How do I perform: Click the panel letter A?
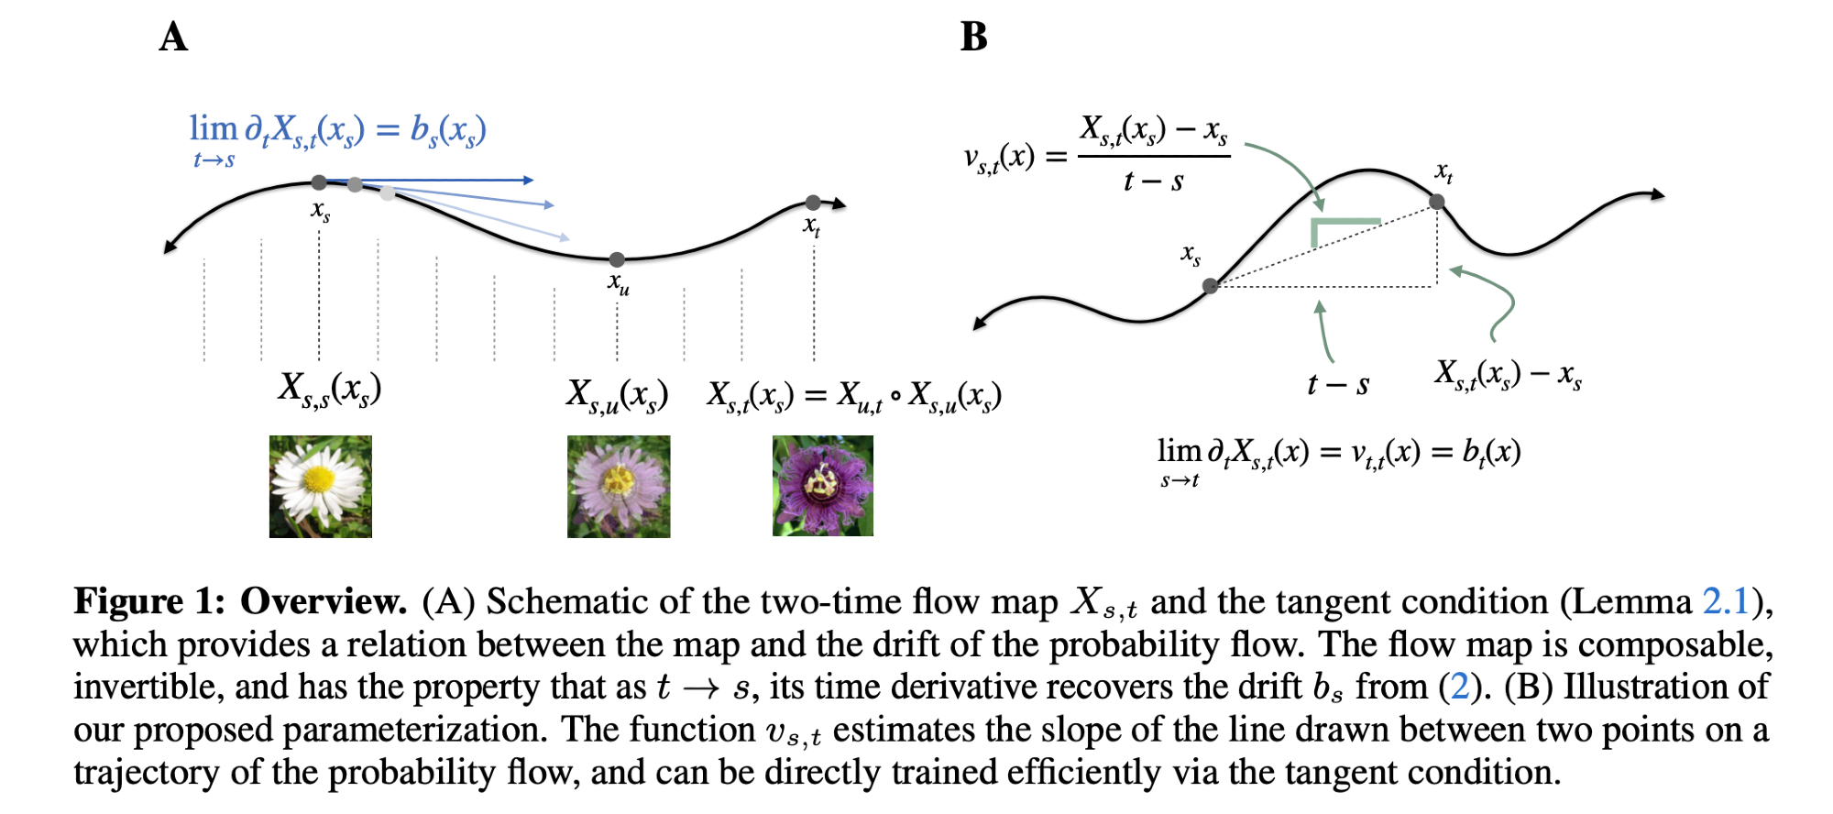[x=173, y=38]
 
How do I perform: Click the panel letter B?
[x=973, y=38]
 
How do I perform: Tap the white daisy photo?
[x=321, y=486]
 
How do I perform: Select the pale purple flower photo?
[x=619, y=486]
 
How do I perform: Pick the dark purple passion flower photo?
[x=823, y=486]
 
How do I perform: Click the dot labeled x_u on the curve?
[x=617, y=260]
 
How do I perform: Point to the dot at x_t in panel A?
[x=813, y=203]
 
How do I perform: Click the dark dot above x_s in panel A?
[x=319, y=182]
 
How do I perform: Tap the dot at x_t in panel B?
[x=1437, y=202]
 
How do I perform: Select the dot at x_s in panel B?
[x=1211, y=286]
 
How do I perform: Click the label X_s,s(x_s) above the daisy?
[x=330, y=390]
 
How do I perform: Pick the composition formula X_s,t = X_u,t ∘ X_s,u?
[x=854, y=397]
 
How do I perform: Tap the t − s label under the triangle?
[x=1338, y=385]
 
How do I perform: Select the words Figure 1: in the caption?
[x=148, y=601]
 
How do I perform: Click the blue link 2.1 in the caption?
[x=1726, y=601]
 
